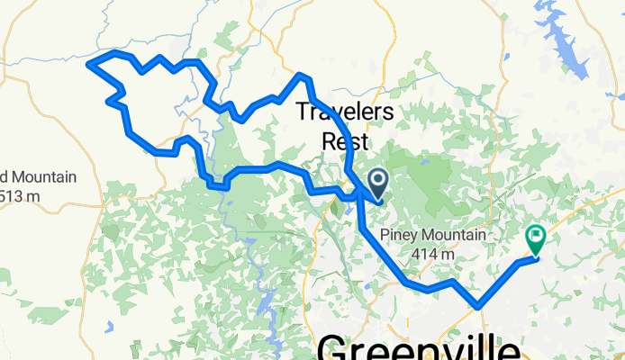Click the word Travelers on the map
(345, 112)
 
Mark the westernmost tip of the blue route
(87, 62)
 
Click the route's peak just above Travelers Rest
(302, 75)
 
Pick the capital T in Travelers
(303, 112)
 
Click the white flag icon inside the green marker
(536, 237)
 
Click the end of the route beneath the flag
(535, 257)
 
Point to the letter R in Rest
(329, 140)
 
